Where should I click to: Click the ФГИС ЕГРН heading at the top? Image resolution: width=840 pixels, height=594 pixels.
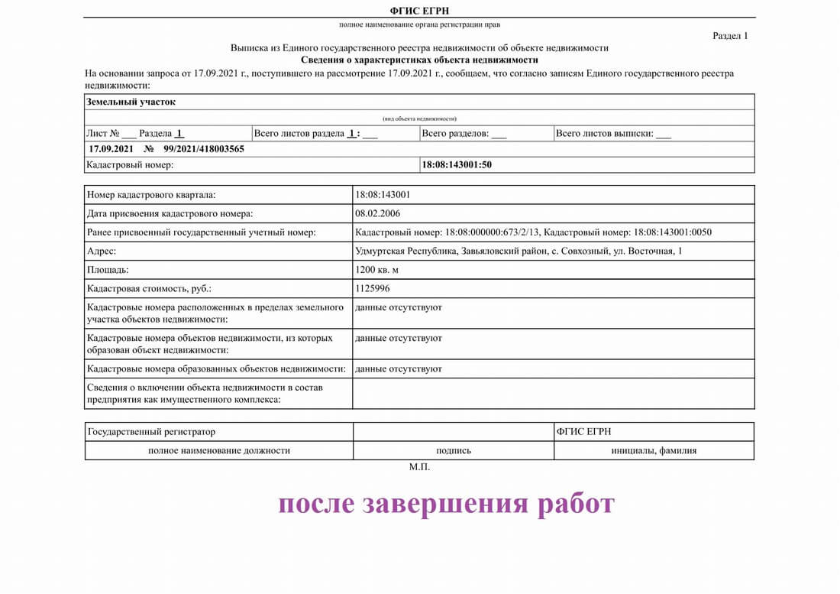tap(419, 10)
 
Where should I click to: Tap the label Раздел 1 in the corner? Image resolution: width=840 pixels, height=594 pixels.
tap(730, 35)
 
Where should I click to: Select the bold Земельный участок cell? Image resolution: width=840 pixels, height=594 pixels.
tap(131, 102)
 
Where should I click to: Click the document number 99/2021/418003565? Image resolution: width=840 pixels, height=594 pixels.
tap(204, 149)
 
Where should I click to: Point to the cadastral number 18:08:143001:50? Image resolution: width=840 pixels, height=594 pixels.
tap(457, 164)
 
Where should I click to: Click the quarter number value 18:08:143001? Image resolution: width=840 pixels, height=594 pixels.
tap(383, 194)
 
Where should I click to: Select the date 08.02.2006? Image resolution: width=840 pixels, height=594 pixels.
tap(378, 213)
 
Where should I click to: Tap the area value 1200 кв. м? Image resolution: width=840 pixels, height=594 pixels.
tap(377, 270)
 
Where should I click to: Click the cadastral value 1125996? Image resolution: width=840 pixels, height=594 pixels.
tap(372, 289)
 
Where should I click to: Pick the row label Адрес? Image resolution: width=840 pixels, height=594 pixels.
tap(102, 251)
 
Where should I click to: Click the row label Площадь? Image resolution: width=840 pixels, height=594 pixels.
tap(108, 270)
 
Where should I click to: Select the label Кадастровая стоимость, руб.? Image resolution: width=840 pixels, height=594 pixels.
tap(150, 289)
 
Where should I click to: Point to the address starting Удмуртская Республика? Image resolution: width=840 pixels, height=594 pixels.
tap(519, 251)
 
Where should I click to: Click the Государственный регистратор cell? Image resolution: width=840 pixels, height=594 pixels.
tap(152, 432)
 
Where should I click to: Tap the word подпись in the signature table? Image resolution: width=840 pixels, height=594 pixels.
tap(453, 451)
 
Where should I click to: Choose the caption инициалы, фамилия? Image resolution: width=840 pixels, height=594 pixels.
tap(654, 451)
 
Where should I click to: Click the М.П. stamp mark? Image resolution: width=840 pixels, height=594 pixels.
tap(419, 467)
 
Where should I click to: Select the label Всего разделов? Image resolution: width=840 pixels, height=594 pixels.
tap(455, 133)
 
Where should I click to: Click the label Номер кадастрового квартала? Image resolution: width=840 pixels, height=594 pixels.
tap(152, 194)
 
